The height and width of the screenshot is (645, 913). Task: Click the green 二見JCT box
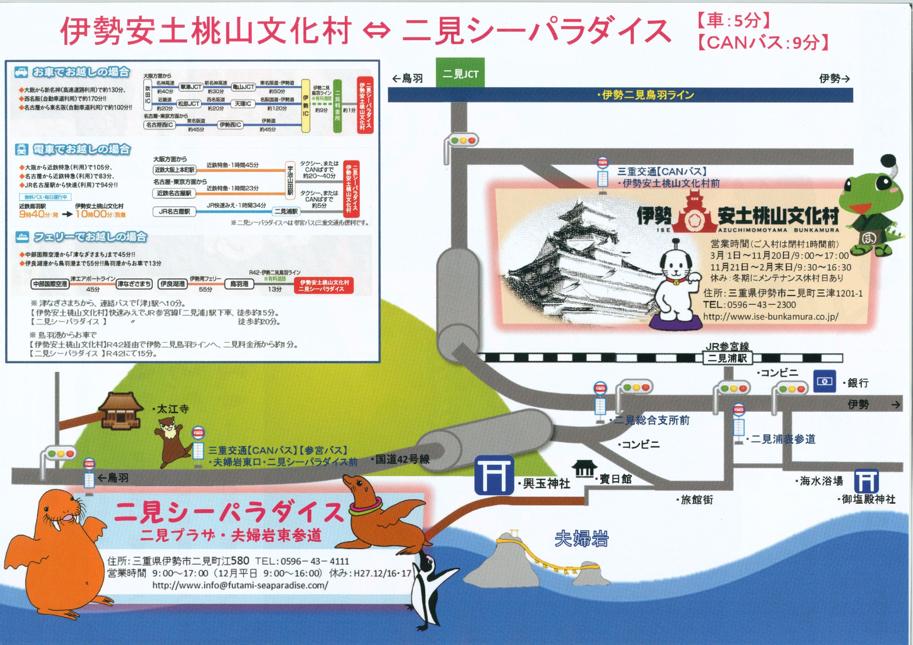pyautogui.click(x=460, y=73)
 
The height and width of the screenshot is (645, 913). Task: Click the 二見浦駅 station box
pyautogui.click(x=727, y=358)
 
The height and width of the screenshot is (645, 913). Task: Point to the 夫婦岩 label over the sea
pyautogui.click(x=581, y=539)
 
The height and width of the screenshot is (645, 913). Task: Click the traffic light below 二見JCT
pyautogui.click(x=462, y=141)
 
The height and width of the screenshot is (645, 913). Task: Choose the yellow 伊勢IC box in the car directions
pyautogui.click(x=305, y=105)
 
